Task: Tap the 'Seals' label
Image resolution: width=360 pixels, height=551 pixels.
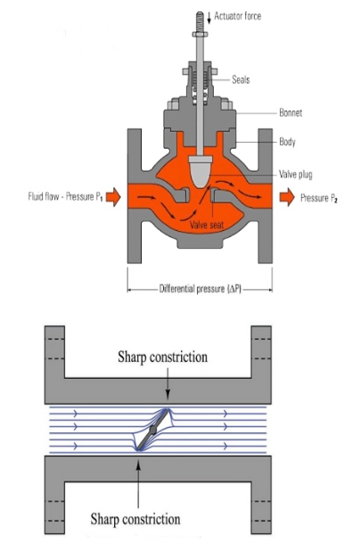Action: (241, 79)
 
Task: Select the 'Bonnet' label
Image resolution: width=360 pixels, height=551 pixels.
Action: (284, 114)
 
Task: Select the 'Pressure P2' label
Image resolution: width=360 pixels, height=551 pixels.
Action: (322, 197)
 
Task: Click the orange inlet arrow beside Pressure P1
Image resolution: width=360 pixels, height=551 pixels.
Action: (112, 197)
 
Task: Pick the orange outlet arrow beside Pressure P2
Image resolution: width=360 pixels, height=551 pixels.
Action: (287, 197)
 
